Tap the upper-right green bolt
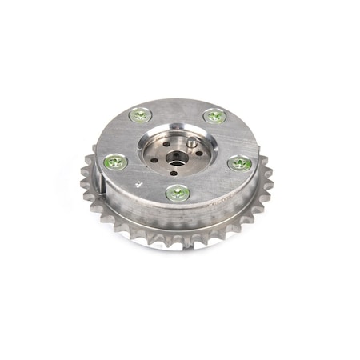214,116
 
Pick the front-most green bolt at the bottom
178,193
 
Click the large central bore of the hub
175,152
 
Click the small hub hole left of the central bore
158,154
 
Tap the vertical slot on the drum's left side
106,190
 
